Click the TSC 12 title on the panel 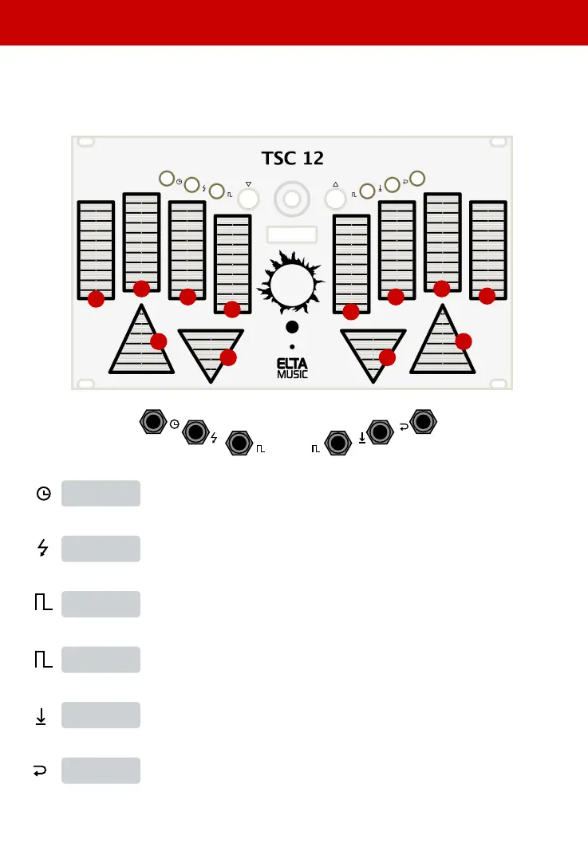coord(292,157)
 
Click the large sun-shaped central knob coord(292,285)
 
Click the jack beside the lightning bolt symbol coord(195,432)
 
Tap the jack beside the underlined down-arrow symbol coord(381,432)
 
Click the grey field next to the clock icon coord(101,493)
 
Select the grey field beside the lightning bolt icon coord(101,549)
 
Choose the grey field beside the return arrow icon coord(101,770)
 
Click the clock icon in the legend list coord(43,494)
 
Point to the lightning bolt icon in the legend coord(43,549)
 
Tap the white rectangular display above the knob coord(292,234)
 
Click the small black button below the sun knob coord(293,327)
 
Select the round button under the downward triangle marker coord(248,199)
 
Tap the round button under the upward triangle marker coord(336,199)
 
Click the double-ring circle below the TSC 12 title coord(292,198)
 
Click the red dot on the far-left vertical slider coord(96,299)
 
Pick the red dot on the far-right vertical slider coord(487,295)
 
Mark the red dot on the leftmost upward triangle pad coord(158,341)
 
